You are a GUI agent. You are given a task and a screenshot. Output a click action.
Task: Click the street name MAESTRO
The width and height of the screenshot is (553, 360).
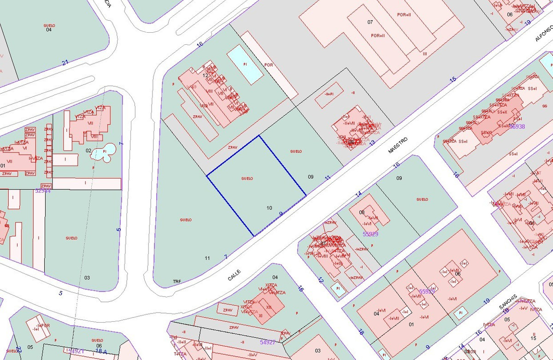pos(398,144)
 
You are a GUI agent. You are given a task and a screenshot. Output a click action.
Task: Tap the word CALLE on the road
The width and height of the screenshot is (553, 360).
pos(234,275)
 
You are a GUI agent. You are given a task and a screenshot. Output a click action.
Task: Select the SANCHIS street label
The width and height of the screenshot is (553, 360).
pos(508,302)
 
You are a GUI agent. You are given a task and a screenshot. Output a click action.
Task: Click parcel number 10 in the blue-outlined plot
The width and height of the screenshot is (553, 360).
pos(270,208)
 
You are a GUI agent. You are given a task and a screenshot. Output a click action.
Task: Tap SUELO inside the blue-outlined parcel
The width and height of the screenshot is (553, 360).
pos(247,178)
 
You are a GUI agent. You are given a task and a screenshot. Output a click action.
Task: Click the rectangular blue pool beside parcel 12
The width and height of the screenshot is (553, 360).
pos(245,65)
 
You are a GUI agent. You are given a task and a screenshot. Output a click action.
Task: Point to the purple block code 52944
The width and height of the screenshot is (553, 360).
pos(42,190)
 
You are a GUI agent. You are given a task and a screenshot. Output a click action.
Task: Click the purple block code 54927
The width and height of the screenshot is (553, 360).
pos(267,342)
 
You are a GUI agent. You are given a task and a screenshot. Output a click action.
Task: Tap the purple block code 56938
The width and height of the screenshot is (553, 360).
pos(517,126)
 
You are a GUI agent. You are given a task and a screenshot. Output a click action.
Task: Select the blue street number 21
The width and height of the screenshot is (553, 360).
pos(65,63)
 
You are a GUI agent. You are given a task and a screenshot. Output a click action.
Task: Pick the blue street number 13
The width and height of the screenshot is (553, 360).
pos(372,142)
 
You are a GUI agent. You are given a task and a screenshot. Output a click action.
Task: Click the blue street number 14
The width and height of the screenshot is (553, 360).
pos(359,195)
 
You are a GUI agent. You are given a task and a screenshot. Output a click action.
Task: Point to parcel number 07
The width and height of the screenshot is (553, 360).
pos(370,22)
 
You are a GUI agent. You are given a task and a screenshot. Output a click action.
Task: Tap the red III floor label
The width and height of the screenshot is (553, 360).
pos(424,54)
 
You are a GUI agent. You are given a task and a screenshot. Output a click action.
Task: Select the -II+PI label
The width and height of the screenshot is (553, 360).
pos(329,94)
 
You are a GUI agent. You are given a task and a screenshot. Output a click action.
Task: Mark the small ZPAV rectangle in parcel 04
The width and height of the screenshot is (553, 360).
pos(228,310)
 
